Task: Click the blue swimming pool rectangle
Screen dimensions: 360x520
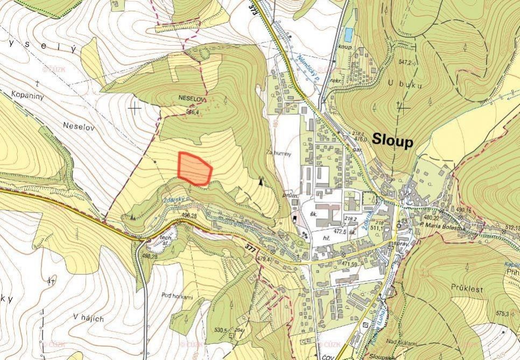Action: (x=349, y=34)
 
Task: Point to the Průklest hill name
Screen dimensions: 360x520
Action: (x=467, y=289)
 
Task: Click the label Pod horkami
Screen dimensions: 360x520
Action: (x=177, y=295)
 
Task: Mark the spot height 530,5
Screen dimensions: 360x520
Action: (x=221, y=329)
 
